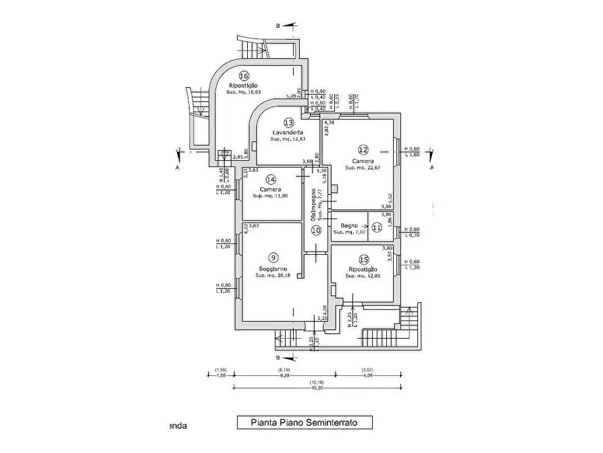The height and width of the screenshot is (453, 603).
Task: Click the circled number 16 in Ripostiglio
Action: (x=244, y=76)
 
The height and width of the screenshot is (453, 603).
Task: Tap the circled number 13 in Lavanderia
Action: (x=288, y=122)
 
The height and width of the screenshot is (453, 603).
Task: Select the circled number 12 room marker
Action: (x=363, y=150)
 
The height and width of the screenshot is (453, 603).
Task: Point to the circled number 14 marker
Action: (x=271, y=180)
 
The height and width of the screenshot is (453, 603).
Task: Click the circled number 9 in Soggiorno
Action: (x=273, y=257)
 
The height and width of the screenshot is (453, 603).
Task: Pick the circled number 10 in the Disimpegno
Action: (x=316, y=230)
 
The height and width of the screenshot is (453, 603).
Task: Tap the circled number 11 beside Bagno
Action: (x=377, y=227)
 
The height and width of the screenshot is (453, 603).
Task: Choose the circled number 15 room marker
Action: (x=363, y=259)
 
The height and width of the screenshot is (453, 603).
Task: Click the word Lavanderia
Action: (x=287, y=132)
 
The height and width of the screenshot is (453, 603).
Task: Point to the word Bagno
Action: (x=348, y=224)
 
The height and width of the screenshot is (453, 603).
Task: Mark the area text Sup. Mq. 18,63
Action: (x=244, y=92)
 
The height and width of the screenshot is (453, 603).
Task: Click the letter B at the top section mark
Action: (x=277, y=26)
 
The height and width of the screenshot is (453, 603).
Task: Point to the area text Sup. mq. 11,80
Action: (x=270, y=196)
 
